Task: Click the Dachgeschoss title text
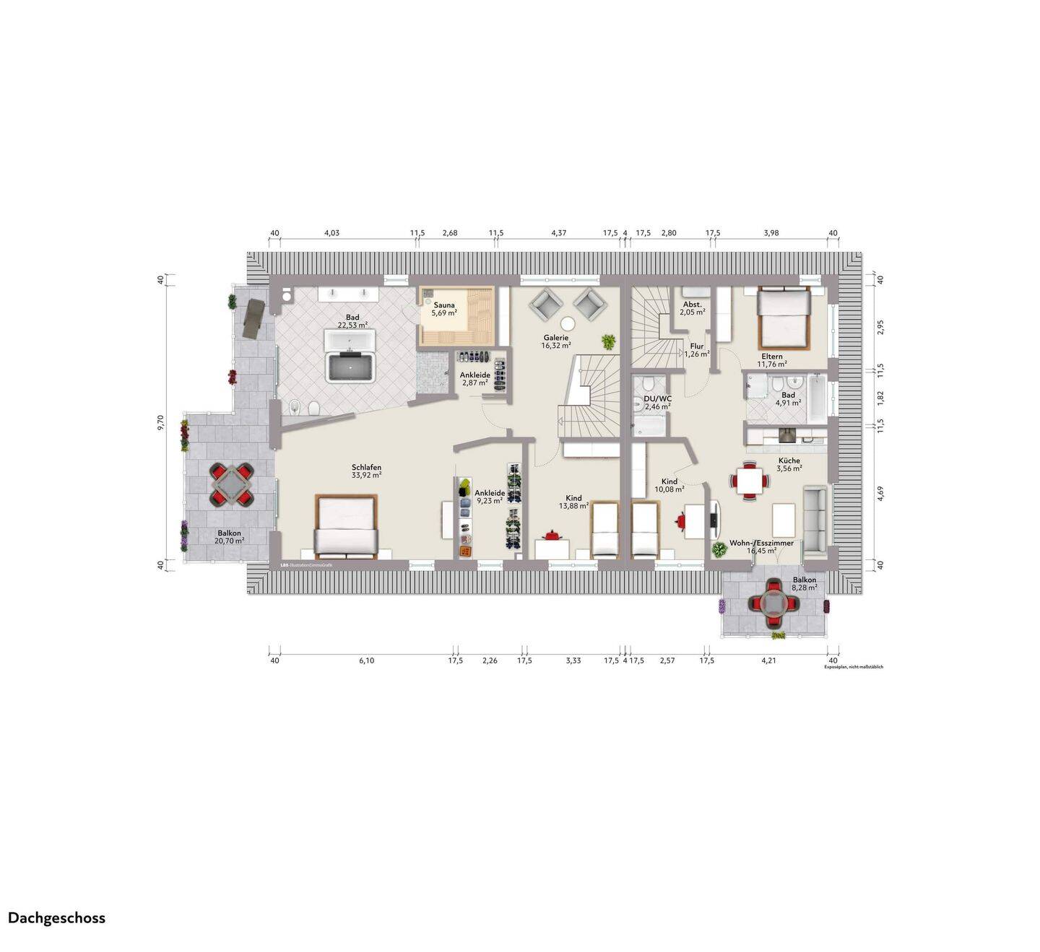[56, 918]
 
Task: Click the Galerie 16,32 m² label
[556, 341]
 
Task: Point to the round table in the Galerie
[568, 323]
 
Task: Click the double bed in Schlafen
[347, 527]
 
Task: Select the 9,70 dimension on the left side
[162, 423]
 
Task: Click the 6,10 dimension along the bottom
[365, 660]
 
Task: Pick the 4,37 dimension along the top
[558, 232]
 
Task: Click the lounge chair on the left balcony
[253, 318]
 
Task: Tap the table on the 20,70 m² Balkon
[231, 484]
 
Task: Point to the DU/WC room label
[657, 402]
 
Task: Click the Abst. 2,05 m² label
[692, 308]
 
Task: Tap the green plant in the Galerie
[609, 341]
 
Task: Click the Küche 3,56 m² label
[789, 464]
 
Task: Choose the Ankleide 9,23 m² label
[490, 497]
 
